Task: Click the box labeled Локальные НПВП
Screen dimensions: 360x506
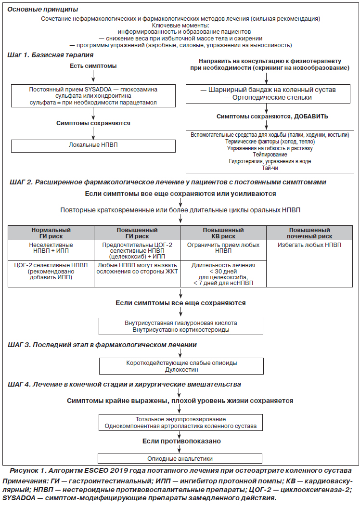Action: click(x=93, y=146)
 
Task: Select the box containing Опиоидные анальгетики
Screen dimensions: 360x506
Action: click(x=180, y=458)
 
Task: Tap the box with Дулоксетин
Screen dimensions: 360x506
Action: click(x=181, y=366)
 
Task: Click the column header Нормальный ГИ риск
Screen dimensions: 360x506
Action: click(x=51, y=233)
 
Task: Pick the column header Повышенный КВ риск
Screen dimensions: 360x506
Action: click(x=223, y=233)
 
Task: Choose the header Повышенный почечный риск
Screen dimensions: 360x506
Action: click(x=309, y=233)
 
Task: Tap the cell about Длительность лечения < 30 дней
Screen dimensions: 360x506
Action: click(x=223, y=273)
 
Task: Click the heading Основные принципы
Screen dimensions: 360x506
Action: click(x=42, y=9)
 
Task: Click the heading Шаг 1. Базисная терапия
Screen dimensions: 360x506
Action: click(x=51, y=55)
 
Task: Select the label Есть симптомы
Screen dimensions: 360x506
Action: click(x=93, y=66)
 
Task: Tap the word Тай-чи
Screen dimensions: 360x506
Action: click(x=270, y=168)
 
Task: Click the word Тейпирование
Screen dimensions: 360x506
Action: click(x=270, y=155)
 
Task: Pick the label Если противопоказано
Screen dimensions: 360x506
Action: click(x=181, y=441)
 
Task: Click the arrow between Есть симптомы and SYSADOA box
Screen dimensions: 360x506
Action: click(x=93, y=76)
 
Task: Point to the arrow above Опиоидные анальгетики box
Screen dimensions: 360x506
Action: click(x=180, y=449)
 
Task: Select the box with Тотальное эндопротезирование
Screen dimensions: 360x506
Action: click(x=180, y=423)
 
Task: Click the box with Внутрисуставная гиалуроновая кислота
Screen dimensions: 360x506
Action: click(x=181, y=326)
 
